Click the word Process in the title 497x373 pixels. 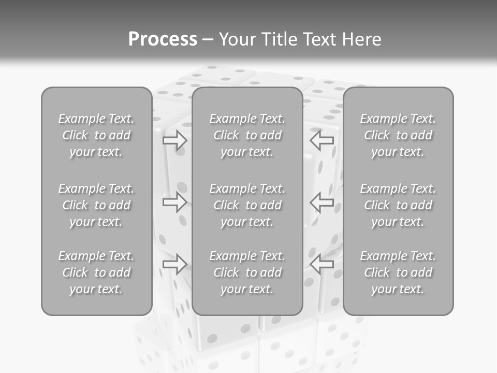(x=163, y=39)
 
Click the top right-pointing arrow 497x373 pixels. (x=174, y=140)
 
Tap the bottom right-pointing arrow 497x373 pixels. (x=174, y=264)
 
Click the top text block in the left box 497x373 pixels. (x=96, y=135)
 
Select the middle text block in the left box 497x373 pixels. (x=96, y=205)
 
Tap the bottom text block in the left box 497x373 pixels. (x=96, y=272)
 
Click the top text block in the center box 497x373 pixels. (x=247, y=135)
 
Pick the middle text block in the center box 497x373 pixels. (x=247, y=205)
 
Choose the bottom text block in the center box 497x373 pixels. (x=247, y=272)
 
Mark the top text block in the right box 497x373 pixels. (x=398, y=135)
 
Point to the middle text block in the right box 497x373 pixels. (x=398, y=205)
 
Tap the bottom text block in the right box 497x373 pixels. (x=398, y=272)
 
